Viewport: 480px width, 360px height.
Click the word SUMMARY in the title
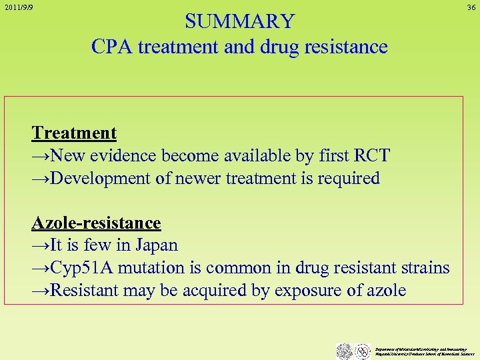(x=239, y=21)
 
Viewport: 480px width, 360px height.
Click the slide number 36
(x=471, y=7)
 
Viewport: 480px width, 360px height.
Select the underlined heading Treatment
(x=74, y=133)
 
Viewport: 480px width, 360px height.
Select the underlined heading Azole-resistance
(x=96, y=223)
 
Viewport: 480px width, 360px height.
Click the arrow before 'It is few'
(x=41, y=245)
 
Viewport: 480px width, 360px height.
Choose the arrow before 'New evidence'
(x=41, y=155)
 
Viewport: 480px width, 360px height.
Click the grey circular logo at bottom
(x=344, y=351)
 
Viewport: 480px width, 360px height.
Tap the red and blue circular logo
(x=363, y=351)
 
